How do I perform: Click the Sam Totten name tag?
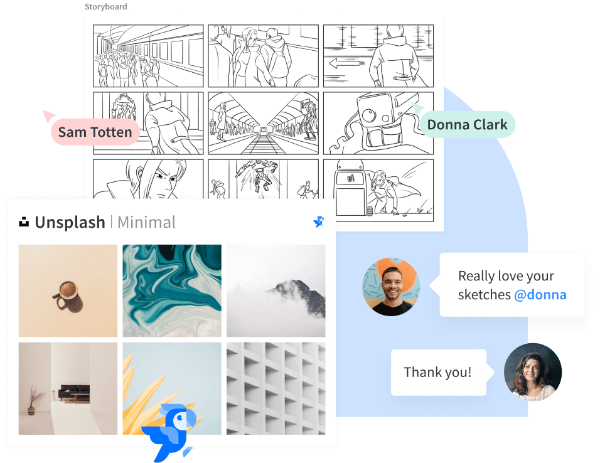[95, 132]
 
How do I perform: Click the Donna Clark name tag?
[467, 125]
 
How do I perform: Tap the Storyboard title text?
[106, 6]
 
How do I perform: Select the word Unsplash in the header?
[70, 222]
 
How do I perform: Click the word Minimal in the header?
[147, 222]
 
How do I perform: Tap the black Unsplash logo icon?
[24, 222]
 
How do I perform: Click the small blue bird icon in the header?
[318, 221]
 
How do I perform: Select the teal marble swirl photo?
[172, 291]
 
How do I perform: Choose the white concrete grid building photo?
[276, 388]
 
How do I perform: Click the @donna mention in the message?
[540, 295]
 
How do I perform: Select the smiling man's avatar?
[391, 287]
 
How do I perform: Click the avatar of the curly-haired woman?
[533, 372]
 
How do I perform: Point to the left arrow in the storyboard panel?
[345, 63]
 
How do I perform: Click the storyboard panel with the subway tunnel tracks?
[263, 123]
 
